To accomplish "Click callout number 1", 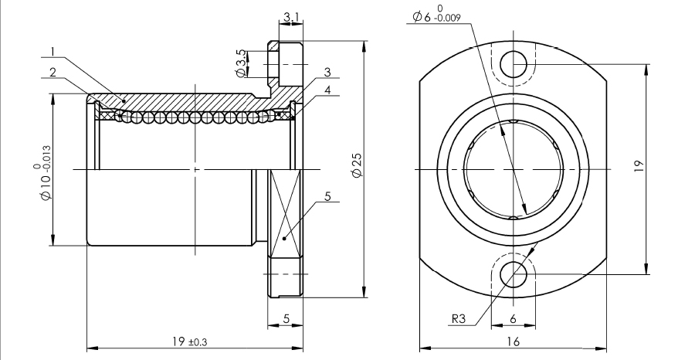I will (52, 53).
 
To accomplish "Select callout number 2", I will (52, 72).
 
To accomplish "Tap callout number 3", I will (327, 72).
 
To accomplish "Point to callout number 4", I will (327, 90).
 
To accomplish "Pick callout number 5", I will (327, 198).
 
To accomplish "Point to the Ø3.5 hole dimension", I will (241, 63).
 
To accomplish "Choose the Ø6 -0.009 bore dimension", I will (437, 15).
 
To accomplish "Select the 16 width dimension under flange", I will (514, 341).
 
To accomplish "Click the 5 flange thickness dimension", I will (286, 318).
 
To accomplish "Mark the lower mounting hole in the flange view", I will (514, 273).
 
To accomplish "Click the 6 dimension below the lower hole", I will (514, 318).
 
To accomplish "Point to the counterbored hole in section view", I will (284, 64).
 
